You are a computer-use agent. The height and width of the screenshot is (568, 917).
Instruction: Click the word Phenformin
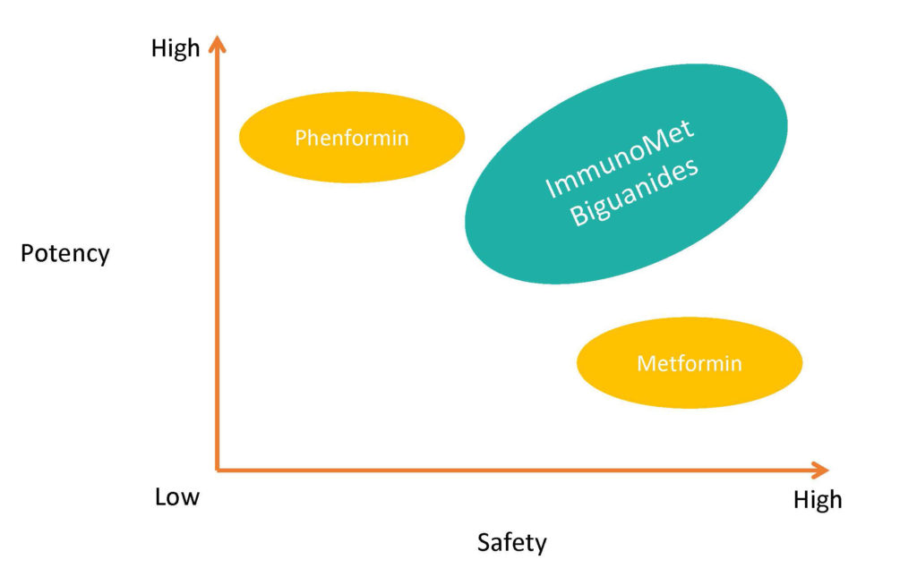[352, 138]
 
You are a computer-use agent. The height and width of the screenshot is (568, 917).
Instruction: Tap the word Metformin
[690, 363]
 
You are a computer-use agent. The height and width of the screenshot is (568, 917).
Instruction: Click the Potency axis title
[64, 253]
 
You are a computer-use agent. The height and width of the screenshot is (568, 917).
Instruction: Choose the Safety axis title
[511, 542]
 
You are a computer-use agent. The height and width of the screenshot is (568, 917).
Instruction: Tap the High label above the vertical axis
[176, 49]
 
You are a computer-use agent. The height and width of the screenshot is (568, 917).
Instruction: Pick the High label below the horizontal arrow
[818, 499]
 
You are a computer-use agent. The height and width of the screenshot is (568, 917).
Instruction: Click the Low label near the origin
[177, 497]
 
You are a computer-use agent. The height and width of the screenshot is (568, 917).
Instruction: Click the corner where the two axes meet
[218, 468]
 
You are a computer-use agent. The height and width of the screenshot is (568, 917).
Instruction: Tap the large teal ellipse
[537, 242]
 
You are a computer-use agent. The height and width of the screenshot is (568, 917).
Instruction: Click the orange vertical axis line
[217, 268]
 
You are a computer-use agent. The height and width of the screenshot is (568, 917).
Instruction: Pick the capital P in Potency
[27, 253]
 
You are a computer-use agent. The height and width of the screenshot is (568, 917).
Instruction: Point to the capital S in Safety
[483, 542]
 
